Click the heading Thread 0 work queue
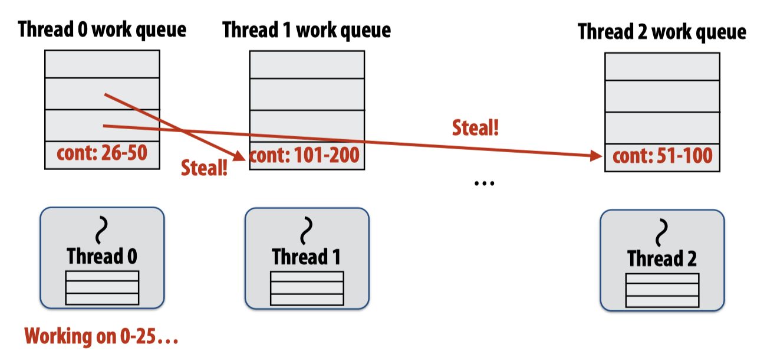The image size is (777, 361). coord(102,29)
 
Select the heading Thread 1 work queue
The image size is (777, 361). coord(307,29)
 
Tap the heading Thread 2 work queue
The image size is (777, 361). coord(662,31)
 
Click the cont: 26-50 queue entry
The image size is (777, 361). coord(102,155)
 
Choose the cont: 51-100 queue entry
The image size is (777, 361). coord(663,157)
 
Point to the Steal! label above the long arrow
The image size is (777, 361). coord(475,127)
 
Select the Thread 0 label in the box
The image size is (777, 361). coord(102,257)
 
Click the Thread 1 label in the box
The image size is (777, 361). coord(306,257)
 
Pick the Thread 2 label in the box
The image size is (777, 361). coord(662,258)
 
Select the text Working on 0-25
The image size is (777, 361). coord(101,337)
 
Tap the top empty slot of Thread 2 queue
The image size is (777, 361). coord(662,67)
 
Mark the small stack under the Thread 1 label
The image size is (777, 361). coord(307,288)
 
